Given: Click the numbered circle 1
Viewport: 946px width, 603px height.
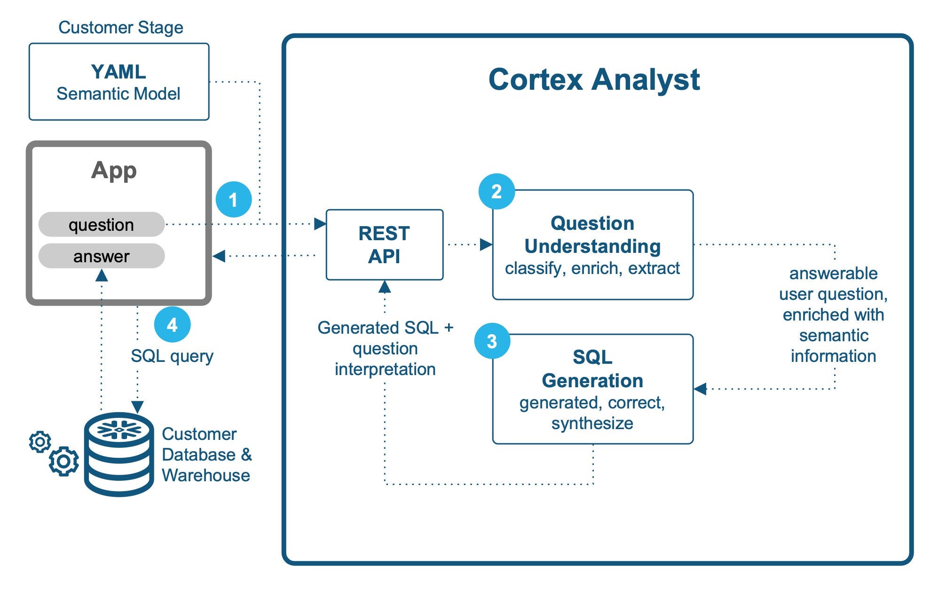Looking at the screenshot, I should click(x=234, y=200).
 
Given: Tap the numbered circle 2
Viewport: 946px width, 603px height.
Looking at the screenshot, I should click(x=497, y=192).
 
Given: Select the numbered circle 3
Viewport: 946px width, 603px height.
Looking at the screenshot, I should click(x=492, y=341).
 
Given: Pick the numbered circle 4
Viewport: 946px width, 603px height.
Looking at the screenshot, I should click(x=172, y=325).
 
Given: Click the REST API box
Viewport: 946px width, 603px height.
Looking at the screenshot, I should click(x=384, y=245).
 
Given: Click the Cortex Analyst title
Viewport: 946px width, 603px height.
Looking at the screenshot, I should click(x=594, y=79).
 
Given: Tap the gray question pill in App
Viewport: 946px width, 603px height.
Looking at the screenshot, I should click(x=102, y=225).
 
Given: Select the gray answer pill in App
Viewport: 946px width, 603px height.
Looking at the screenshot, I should click(x=102, y=256).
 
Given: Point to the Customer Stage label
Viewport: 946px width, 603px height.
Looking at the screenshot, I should click(x=121, y=27).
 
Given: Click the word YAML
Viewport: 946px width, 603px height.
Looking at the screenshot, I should click(x=118, y=72).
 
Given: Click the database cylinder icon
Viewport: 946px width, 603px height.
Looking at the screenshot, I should click(x=119, y=454).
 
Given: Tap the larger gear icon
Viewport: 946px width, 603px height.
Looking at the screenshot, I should click(x=64, y=462).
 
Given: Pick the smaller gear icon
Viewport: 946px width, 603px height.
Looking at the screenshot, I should click(x=40, y=442).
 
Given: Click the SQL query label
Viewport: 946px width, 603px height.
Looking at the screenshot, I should click(x=172, y=356).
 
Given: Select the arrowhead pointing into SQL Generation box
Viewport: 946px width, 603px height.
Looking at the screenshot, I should click(x=701, y=389).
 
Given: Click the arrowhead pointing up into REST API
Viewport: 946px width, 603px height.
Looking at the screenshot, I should click(x=385, y=286).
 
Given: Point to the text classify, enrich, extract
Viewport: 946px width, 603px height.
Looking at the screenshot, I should click(x=592, y=268).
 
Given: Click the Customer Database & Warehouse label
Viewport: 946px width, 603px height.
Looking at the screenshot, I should click(x=206, y=454).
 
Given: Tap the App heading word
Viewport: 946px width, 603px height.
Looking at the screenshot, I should click(x=114, y=170).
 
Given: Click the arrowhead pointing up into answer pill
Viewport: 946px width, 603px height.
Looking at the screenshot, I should click(x=102, y=275).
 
